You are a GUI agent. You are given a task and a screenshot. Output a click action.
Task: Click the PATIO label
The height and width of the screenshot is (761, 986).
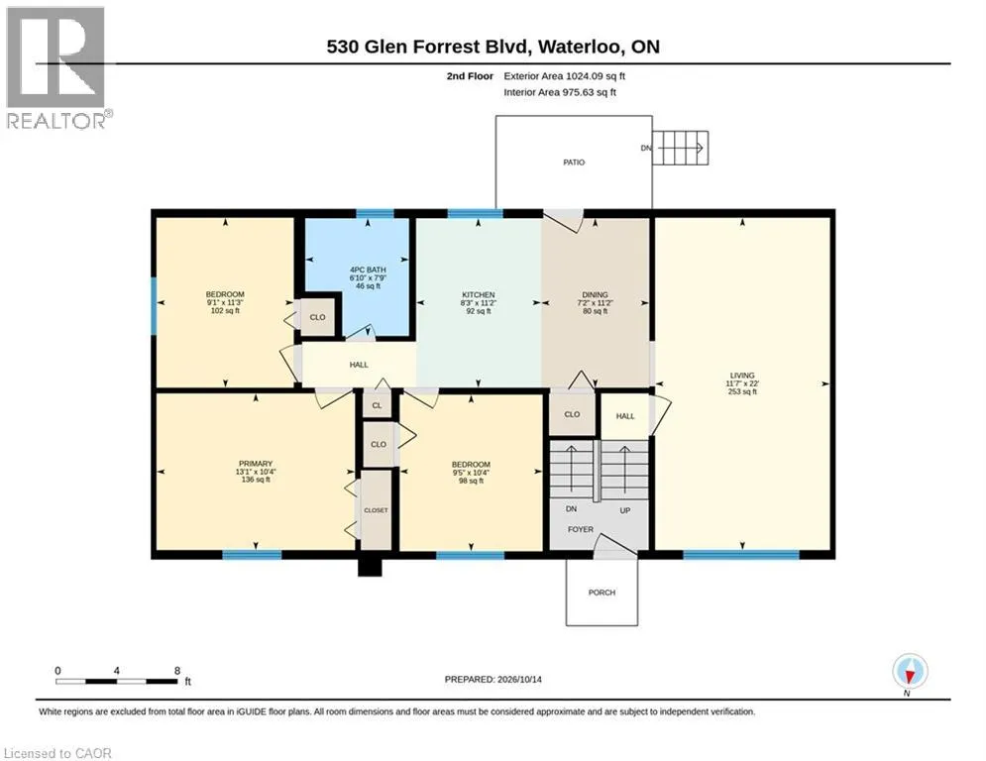click(x=574, y=163)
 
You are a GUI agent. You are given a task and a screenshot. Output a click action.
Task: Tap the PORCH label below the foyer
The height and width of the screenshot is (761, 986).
click(x=602, y=593)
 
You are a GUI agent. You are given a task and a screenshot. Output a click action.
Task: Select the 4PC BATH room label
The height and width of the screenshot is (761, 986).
click(x=368, y=270)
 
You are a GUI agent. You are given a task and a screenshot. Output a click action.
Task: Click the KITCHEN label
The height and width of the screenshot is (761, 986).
click(x=479, y=295)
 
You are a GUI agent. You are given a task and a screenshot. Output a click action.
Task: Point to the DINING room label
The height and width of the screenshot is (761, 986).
click(x=595, y=295)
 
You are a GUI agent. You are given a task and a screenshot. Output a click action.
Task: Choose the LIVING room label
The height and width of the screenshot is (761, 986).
click(x=742, y=376)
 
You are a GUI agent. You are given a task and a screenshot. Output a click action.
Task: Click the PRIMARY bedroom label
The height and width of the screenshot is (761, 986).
click(x=256, y=464)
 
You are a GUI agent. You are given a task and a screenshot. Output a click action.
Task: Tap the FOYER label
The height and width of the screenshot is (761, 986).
click(x=581, y=529)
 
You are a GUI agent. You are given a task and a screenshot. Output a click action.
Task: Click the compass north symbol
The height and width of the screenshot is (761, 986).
click(x=910, y=672)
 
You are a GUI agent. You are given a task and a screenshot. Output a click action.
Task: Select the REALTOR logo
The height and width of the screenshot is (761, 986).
click(x=55, y=68)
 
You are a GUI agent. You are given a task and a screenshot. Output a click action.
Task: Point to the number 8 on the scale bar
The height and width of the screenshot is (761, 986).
click(x=177, y=671)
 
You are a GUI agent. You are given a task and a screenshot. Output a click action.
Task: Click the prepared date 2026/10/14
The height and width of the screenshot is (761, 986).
click(x=519, y=679)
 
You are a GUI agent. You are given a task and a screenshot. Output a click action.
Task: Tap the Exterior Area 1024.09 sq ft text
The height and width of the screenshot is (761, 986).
click(x=564, y=76)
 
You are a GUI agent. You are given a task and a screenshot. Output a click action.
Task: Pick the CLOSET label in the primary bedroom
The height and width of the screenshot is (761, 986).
click(x=376, y=510)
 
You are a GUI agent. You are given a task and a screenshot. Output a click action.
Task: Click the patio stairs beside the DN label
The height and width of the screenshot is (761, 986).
click(x=681, y=148)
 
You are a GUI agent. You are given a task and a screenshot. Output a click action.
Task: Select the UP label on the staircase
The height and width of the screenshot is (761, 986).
click(x=625, y=510)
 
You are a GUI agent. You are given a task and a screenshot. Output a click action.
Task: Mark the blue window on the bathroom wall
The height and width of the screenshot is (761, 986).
click(x=376, y=213)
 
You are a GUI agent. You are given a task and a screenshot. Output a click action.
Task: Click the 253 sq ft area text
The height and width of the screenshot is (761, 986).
click(x=742, y=391)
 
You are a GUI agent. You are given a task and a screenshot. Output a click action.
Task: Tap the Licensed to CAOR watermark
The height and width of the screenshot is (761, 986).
click(x=57, y=753)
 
